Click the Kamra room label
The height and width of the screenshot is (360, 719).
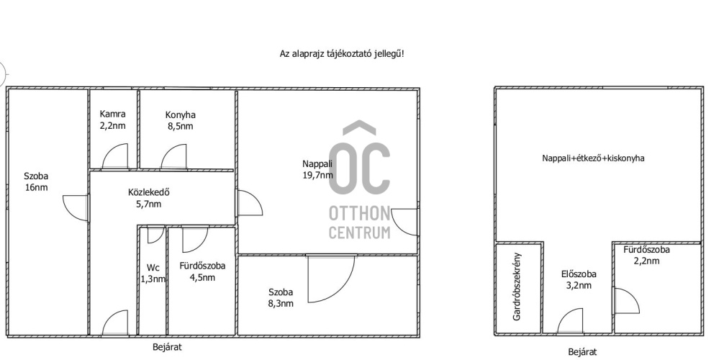[x=112, y=120]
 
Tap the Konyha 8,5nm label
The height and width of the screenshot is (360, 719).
[x=179, y=120]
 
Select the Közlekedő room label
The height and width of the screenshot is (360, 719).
[x=145, y=198]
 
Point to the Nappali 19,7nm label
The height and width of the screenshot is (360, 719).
[x=317, y=168]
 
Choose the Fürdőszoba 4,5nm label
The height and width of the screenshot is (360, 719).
[x=202, y=271]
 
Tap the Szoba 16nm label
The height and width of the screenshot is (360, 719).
[x=36, y=181]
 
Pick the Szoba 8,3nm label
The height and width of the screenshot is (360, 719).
[x=281, y=297]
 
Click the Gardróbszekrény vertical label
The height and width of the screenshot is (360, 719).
[x=517, y=286]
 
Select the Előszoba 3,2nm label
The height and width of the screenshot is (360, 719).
[x=579, y=280]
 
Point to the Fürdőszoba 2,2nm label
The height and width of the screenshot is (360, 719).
[x=646, y=255]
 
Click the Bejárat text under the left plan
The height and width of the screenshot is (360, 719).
[x=167, y=347]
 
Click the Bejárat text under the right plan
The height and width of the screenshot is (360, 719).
[x=582, y=352]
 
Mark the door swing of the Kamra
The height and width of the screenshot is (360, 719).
[x=115, y=156]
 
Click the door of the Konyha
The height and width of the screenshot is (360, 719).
[x=174, y=156]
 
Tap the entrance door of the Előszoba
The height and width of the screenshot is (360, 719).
[x=571, y=321]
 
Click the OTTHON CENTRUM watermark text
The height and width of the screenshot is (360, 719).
[x=360, y=222]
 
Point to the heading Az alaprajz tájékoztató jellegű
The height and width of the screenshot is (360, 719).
[x=342, y=54]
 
